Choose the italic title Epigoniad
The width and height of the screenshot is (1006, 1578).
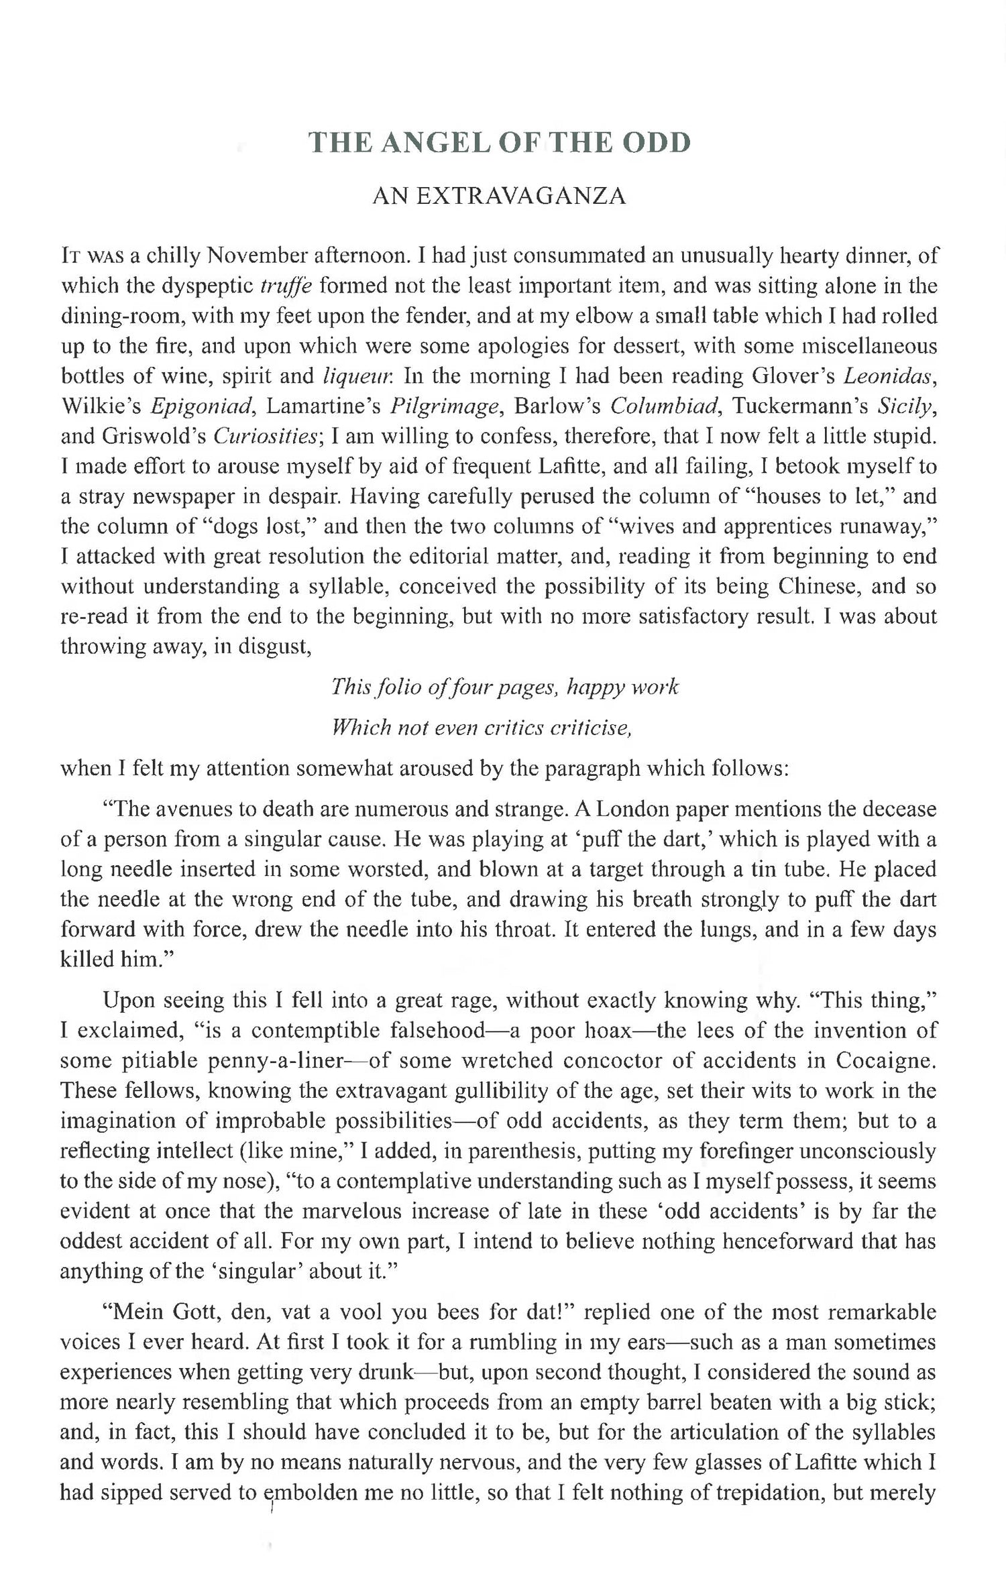(201, 406)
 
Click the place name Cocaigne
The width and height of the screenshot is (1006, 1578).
(885, 1060)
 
